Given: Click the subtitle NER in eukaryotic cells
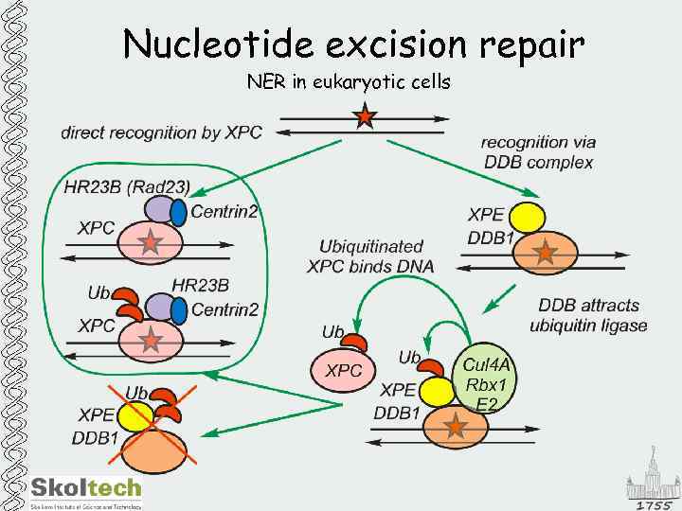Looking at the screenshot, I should [349, 82].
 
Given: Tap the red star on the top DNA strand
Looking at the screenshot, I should [364, 117].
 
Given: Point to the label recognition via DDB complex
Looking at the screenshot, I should [538, 152].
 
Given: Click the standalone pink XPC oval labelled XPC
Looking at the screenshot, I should [344, 371].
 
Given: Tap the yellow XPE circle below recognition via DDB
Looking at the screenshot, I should [529, 217].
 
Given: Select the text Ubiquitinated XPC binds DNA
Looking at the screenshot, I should [370, 256].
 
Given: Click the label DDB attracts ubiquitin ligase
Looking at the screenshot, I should [588, 315].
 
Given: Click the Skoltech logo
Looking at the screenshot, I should [85, 489].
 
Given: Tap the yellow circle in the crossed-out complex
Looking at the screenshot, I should [135, 415].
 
